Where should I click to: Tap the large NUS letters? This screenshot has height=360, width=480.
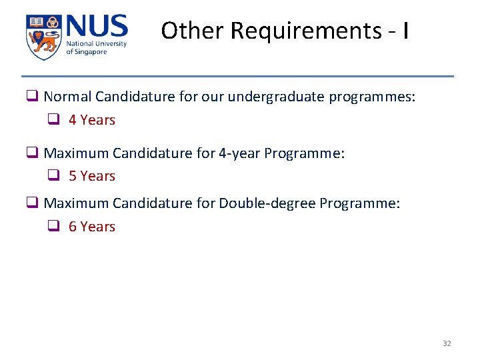tap(96, 27)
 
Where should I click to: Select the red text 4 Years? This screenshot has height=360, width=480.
tap(92, 120)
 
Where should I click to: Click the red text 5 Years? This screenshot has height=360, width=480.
tap(92, 176)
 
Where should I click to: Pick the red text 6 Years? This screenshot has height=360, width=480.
tap(92, 227)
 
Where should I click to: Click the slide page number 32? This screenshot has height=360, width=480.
tap(447, 343)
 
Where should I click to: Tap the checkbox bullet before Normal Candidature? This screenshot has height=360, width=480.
tap(31, 97)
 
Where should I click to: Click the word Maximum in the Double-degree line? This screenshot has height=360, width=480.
tap(76, 203)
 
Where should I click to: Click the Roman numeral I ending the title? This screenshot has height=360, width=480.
tap(406, 31)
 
